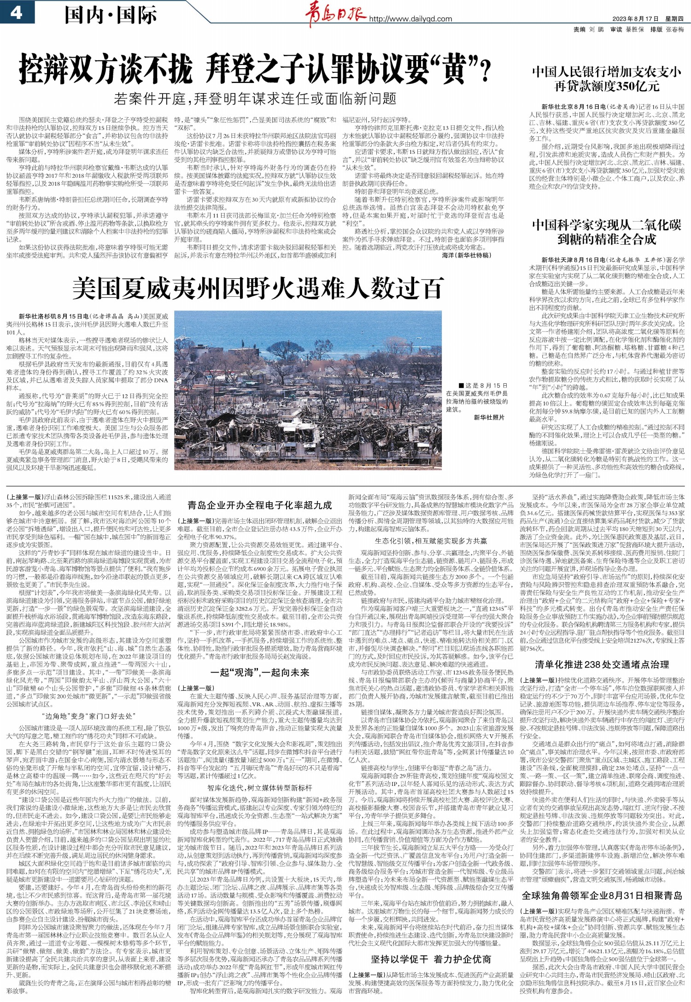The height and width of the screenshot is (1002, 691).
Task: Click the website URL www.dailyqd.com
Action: [x=410, y=19]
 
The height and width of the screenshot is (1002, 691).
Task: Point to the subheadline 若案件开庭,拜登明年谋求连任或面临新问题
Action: [x=255, y=98]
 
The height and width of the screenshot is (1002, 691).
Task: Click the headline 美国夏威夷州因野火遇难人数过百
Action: [x=258, y=288]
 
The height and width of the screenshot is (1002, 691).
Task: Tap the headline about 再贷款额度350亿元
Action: [x=607, y=79]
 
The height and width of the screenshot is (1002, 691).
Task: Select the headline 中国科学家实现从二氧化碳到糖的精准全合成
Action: [x=607, y=232]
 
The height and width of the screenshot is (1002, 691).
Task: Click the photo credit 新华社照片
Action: [x=489, y=417]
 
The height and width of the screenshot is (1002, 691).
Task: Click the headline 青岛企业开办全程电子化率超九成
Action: [x=260, y=505]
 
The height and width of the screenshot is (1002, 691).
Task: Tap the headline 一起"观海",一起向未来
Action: [x=260, y=673]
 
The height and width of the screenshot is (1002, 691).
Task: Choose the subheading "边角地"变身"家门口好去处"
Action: [x=88, y=716]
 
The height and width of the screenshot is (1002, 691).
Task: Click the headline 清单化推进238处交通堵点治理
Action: [x=602, y=664]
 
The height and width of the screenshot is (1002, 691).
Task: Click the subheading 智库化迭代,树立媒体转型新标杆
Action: [x=260, y=788]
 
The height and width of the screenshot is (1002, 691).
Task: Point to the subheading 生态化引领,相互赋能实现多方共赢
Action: [x=431, y=541]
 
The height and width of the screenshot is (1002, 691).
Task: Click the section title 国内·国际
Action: [x=111, y=15]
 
